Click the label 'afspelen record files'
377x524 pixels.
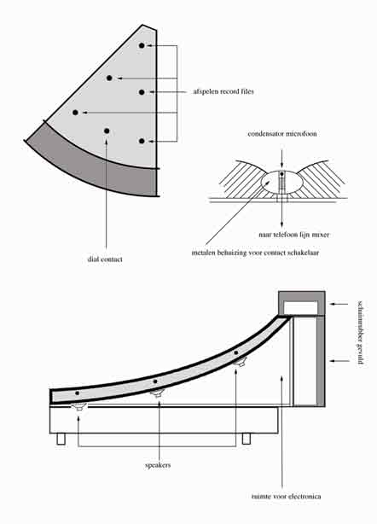click(x=223, y=91)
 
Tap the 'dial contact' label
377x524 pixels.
click(x=105, y=259)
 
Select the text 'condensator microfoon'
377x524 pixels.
click(x=282, y=134)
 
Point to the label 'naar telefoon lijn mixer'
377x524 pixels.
click(x=294, y=235)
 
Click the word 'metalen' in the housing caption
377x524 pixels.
click(x=203, y=253)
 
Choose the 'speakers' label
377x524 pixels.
click(x=158, y=465)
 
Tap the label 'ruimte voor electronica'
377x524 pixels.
click(x=287, y=496)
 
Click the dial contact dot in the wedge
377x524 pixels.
click(x=107, y=131)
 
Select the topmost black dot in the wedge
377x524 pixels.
click(x=142, y=45)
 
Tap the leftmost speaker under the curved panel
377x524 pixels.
click(x=79, y=407)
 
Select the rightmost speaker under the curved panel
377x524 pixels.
click(x=240, y=362)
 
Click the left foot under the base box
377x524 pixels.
click(x=61, y=439)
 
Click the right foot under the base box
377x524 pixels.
click(x=246, y=439)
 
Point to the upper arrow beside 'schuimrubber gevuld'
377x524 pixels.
click(x=339, y=304)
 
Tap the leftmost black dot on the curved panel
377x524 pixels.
click(x=77, y=393)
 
